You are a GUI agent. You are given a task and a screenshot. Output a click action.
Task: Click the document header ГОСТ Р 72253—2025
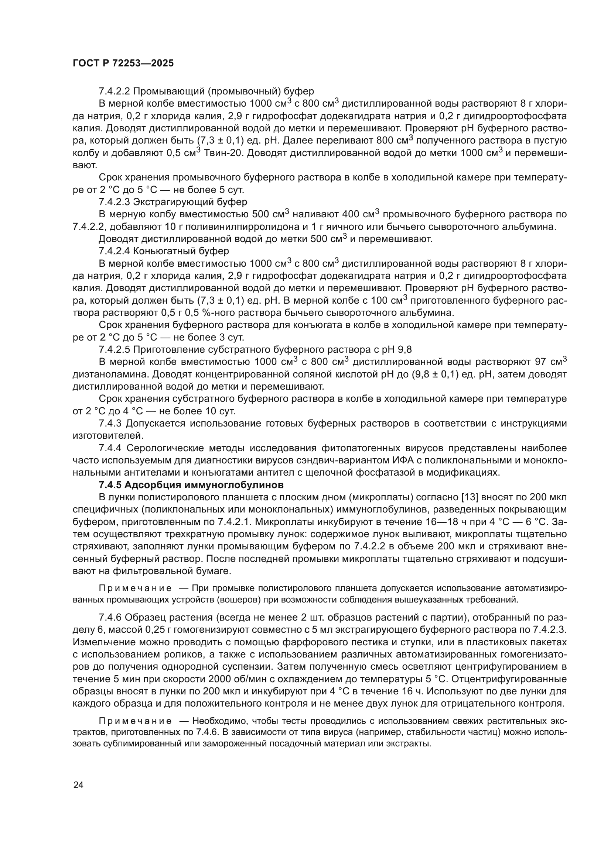pyautogui.click(x=123, y=63)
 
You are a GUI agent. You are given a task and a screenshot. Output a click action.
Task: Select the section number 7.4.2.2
pyautogui.click(x=115, y=92)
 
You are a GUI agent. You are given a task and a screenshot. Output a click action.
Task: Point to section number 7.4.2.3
pyautogui.click(x=115, y=202)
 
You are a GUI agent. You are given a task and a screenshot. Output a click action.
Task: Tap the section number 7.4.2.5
pyautogui.click(x=115, y=350)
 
